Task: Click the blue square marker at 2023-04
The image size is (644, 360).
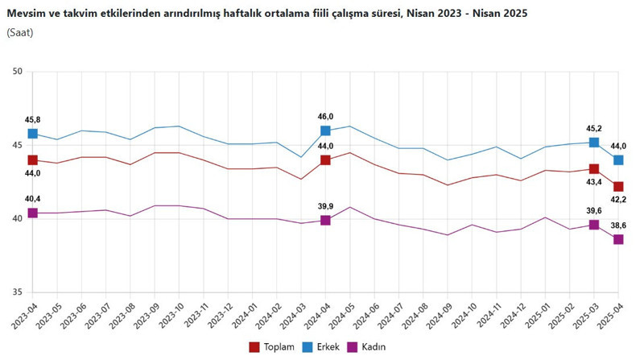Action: (33, 134)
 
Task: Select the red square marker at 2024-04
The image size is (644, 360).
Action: (325, 160)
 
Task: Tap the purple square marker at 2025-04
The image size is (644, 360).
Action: (618, 240)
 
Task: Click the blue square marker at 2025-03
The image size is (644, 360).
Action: (594, 143)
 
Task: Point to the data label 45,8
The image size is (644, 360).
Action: (33, 119)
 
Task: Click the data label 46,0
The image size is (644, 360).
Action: (325, 116)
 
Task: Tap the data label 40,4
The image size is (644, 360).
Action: (33, 199)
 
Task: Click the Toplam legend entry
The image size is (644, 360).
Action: (270, 346)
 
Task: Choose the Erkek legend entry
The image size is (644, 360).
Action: (320, 346)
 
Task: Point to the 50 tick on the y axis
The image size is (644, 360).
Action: (17, 72)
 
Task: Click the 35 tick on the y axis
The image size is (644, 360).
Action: (17, 293)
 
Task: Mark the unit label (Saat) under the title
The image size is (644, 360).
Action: (21, 32)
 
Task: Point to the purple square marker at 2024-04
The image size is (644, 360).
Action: (325, 220)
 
